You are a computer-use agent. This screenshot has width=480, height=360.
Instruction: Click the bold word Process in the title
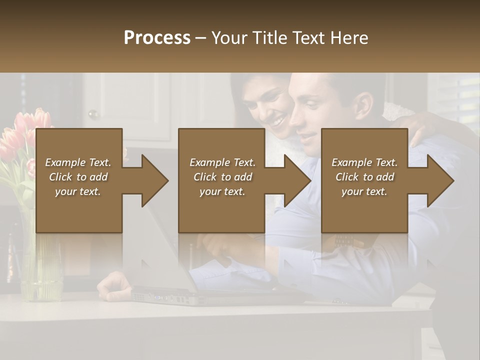(157, 37)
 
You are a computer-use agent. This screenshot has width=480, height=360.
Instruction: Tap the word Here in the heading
(349, 37)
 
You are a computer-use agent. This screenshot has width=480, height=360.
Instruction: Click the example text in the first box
(78, 177)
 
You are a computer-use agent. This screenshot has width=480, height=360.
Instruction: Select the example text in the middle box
(222, 177)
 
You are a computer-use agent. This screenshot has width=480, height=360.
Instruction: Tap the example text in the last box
(364, 177)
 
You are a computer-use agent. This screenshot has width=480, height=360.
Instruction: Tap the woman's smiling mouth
(277, 122)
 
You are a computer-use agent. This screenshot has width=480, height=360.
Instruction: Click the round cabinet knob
(92, 114)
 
